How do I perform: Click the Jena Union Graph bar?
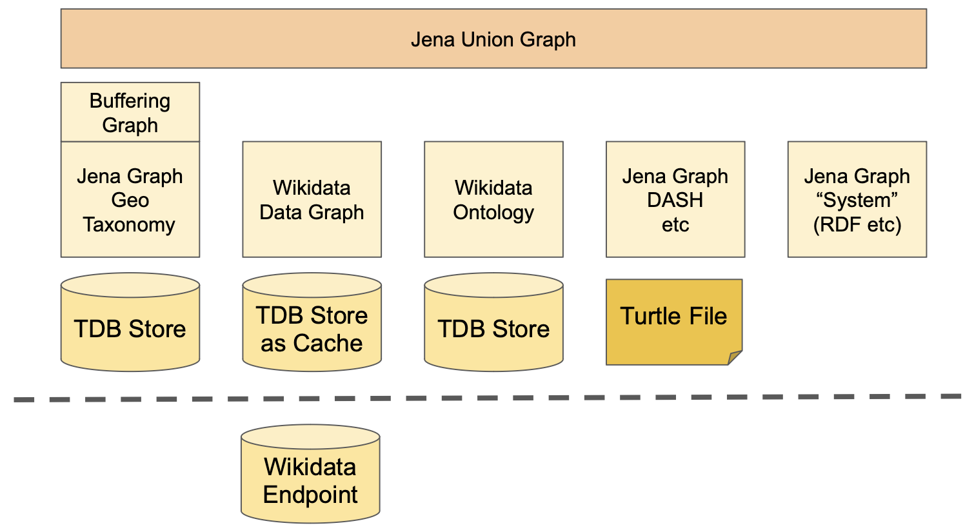(493, 39)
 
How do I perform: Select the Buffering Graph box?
(130, 112)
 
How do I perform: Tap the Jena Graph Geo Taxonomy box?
(130, 199)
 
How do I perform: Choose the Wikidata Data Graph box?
(312, 199)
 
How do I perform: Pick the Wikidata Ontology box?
(493, 199)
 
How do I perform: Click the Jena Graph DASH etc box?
(675, 199)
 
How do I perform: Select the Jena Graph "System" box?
(857, 199)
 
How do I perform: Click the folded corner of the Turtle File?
(736, 358)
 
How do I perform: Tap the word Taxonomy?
(129, 224)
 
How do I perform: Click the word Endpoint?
(310, 495)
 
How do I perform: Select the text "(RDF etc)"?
(857, 224)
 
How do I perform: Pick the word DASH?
(675, 200)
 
